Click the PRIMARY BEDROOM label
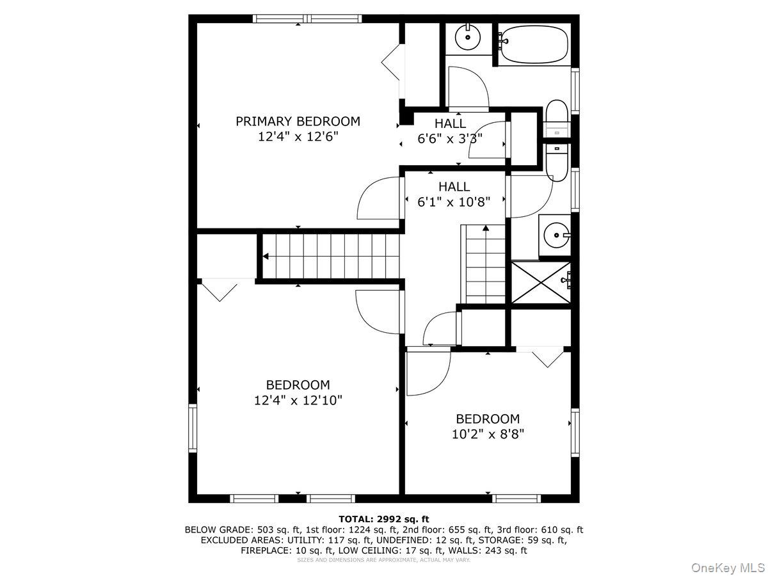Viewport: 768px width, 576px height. coord(298,122)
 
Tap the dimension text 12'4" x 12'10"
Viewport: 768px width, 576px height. coord(298,400)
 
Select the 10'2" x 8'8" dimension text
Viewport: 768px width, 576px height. coord(488,434)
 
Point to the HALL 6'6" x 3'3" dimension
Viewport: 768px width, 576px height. coord(450,139)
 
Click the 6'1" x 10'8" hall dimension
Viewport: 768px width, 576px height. coord(454,202)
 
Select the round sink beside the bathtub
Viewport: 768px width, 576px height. coord(467,36)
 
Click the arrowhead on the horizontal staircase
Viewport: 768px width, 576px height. coord(266,257)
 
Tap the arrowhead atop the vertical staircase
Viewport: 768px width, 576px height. coord(486,228)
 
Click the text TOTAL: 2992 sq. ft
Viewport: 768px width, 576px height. coord(384,519)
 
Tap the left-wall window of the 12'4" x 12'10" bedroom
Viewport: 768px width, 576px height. coord(193,428)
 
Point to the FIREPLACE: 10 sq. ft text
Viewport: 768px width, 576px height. coord(287,550)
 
